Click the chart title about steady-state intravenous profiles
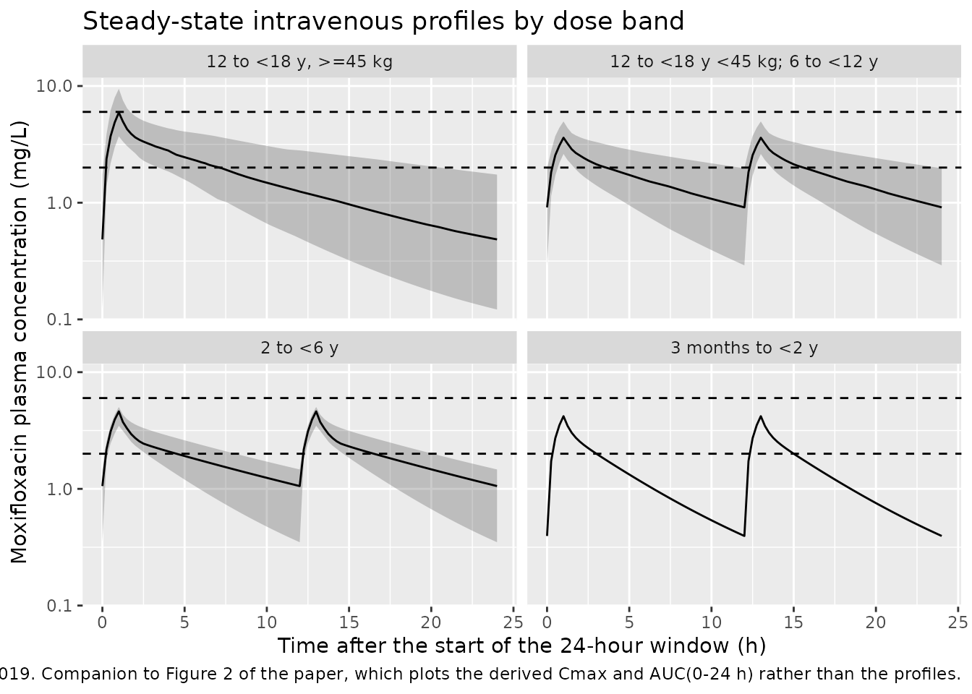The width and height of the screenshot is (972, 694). coord(383,21)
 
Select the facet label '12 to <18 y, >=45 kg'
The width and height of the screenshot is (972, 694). coord(299,61)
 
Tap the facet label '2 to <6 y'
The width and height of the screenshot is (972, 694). coord(299,348)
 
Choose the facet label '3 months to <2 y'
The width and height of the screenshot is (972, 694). coord(744,348)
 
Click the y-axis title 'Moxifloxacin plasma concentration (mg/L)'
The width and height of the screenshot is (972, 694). coord(19,342)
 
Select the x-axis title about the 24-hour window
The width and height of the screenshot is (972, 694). coord(521,646)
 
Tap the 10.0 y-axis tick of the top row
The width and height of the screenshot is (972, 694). coord(54,86)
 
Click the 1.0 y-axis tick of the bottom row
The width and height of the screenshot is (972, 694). coord(59,489)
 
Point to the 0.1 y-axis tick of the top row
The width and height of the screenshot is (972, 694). coord(59,320)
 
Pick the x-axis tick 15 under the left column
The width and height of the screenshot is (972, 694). coord(349,622)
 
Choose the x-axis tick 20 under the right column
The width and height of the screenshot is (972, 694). coord(876,622)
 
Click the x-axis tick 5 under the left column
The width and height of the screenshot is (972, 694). coord(184,622)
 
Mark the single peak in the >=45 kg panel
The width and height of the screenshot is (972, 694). coord(119,113)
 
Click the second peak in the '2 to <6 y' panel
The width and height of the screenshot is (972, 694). coord(316,411)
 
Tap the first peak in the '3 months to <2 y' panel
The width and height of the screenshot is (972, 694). coord(563,416)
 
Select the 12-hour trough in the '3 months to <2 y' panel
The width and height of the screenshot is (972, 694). coord(744,536)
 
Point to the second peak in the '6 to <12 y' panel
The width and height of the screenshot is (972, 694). coord(761,138)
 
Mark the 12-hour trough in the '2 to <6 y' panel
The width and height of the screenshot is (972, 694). coord(299,486)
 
